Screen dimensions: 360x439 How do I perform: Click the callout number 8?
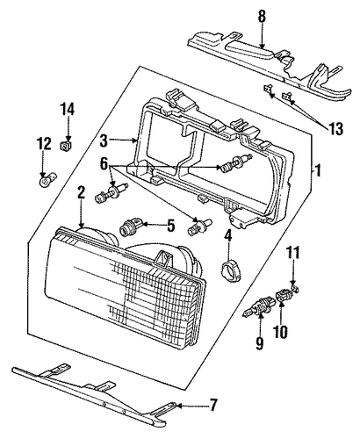pyautogui.click(x=262, y=17)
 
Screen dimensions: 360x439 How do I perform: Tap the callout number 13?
pyautogui.click(x=335, y=129)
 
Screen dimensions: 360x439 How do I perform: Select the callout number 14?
pyautogui.click(x=68, y=109)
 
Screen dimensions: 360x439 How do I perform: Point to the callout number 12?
pyautogui.click(x=44, y=144)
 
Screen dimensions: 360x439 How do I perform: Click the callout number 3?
pyautogui.click(x=104, y=140)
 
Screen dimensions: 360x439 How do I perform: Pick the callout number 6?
pyautogui.click(x=104, y=163)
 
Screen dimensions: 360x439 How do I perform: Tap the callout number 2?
pyautogui.click(x=81, y=193)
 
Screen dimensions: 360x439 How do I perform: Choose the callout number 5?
pyautogui.click(x=170, y=226)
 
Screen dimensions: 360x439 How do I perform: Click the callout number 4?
pyautogui.click(x=228, y=236)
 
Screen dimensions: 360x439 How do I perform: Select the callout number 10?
pyautogui.click(x=280, y=332)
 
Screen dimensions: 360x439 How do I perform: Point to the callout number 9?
pyautogui.click(x=260, y=343)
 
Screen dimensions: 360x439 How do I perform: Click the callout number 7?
pyautogui.click(x=213, y=406)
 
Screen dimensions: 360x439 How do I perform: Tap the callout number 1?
pyautogui.click(x=318, y=170)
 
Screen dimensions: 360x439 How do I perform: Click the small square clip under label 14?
pyautogui.click(x=67, y=145)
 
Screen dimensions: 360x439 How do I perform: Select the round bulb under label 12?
pyautogui.click(x=47, y=180)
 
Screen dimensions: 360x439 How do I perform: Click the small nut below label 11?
pyautogui.click(x=295, y=289)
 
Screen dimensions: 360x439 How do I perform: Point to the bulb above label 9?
pyautogui.click(x=257, y=308)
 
